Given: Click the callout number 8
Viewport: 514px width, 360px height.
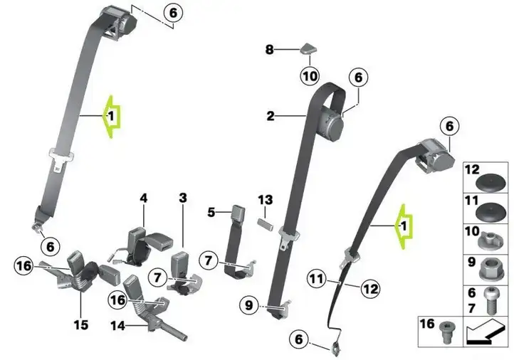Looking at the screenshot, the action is coord(269,50).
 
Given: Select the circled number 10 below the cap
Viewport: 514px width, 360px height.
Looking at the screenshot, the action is coord(310,76).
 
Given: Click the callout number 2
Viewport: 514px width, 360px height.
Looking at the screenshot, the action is coord(271,116).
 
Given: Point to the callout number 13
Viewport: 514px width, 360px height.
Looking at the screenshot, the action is coord(266,199).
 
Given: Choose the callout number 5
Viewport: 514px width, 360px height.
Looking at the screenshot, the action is coord(211,212).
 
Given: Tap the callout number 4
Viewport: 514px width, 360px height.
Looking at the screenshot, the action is coord(144,198).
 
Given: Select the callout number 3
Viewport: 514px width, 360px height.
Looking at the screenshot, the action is coord(183,198).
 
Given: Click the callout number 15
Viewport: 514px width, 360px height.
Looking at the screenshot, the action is coord(80,325).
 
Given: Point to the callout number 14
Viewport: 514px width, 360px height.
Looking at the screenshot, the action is coord(117,326).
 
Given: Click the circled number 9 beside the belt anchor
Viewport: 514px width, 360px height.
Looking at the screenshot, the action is coord(249,305).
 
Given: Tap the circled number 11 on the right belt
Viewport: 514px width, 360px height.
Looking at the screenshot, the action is coord(316,279).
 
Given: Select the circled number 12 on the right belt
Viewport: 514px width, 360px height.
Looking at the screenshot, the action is coord(370,289).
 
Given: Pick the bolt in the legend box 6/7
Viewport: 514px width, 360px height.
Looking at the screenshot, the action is coord(491,300).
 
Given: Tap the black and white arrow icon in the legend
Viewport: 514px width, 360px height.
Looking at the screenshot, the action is coord(485,332).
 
